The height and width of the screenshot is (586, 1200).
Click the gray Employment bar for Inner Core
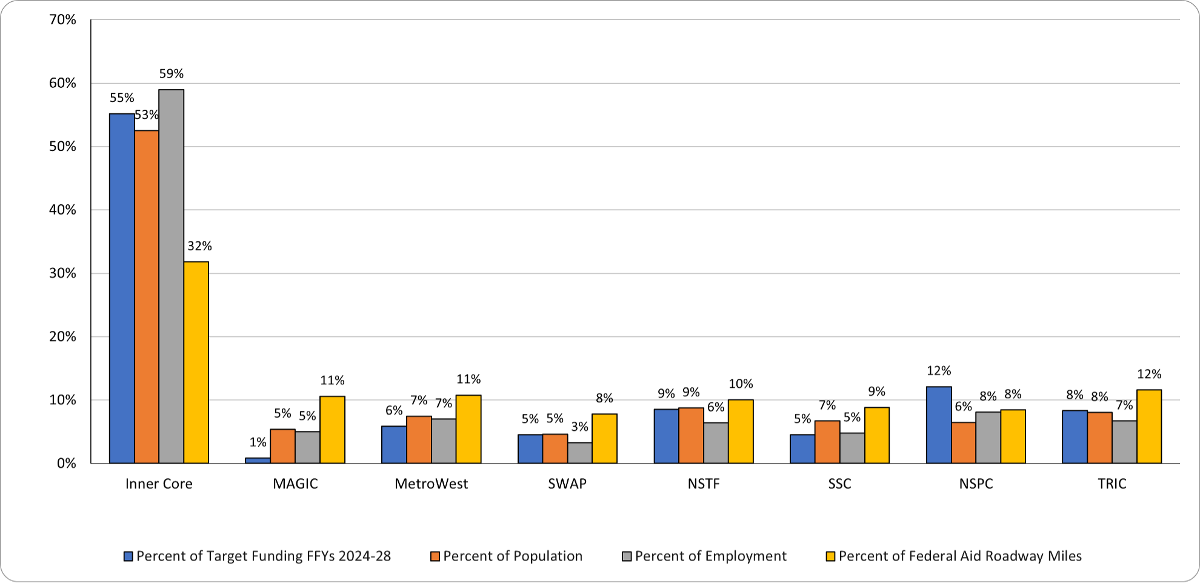[171, 276]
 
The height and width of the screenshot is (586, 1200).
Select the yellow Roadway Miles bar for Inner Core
[196, 362]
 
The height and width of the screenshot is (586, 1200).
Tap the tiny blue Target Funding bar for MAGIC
[258, 461]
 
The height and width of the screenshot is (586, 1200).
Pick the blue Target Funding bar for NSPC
[939, 425]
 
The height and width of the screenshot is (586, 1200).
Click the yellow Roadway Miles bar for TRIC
[1149, 427]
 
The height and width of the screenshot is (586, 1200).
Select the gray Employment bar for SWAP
[580, 453]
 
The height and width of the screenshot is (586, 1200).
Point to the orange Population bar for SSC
[827, 442]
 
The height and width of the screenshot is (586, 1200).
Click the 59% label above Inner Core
[171, 74]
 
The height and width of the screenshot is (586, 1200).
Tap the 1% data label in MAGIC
[258, 442]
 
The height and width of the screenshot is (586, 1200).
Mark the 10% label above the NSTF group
[741, 384]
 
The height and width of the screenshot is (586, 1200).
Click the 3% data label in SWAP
[580, 427]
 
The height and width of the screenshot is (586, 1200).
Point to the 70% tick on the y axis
[62, 20]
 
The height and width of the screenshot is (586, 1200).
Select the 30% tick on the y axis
[62, 273]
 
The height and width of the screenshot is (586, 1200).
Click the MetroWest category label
[431, 484]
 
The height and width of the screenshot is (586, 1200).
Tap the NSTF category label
[703, 484]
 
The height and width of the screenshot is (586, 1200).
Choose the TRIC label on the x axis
[1112, 484]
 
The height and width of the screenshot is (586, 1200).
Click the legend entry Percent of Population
[512, 556]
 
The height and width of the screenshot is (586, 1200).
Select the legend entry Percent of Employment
[710, 556]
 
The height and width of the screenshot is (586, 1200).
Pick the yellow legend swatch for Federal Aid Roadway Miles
[830, 556]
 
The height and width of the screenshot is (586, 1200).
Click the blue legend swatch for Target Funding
[128, 556]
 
